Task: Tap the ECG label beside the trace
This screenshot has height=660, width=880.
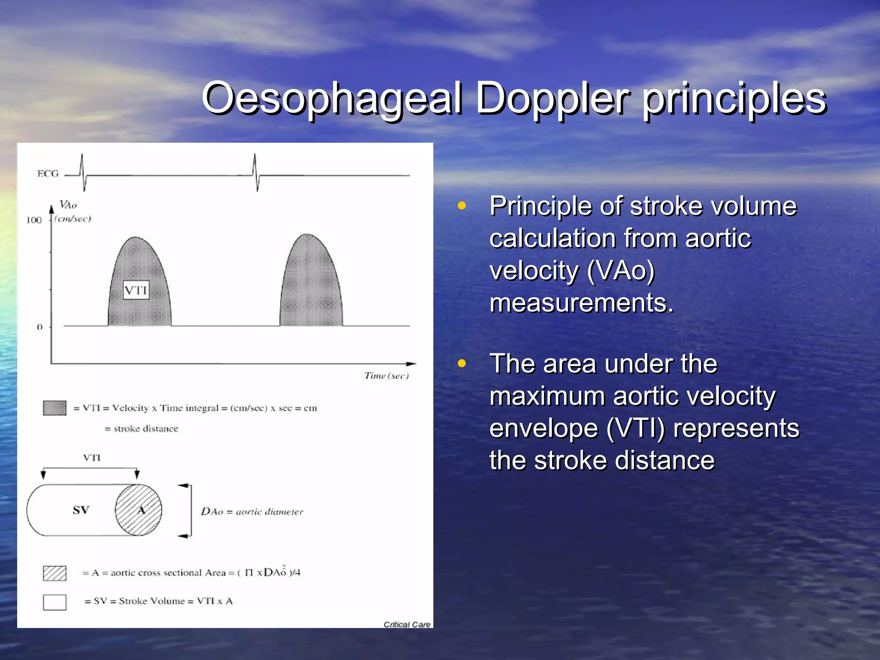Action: click(x=48, y=174)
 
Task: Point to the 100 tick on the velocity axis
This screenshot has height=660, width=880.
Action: click(x=34, y=220)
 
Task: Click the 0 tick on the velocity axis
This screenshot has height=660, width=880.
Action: click(x=40, y=327)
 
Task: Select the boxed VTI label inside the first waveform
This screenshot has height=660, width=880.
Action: click(x=136, y=290)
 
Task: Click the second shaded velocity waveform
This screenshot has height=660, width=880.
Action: click(x=311, y=284)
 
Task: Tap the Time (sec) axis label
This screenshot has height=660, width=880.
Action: click(x=386, y=376)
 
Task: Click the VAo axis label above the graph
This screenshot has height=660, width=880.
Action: click(x=68, y=205)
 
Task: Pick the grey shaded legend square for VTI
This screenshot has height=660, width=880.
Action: click(x=55, y=408)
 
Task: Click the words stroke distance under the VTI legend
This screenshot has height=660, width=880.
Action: click(x=146, y=428)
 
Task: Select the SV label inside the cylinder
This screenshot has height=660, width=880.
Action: click(x=81, y=510)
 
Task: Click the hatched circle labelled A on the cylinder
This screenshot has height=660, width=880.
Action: click(x=138, y=510)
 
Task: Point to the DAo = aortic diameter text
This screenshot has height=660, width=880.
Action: click(x=252, y=511)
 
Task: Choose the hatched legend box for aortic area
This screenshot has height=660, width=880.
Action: click(x=55, y=573)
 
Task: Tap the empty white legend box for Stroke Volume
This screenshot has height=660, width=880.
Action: click(x=55, y=602)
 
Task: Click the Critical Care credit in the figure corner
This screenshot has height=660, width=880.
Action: click(x=406, y=624)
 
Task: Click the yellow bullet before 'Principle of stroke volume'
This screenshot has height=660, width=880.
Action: click(x=462, y=205)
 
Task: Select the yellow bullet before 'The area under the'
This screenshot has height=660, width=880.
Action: click(x=462, y=364)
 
